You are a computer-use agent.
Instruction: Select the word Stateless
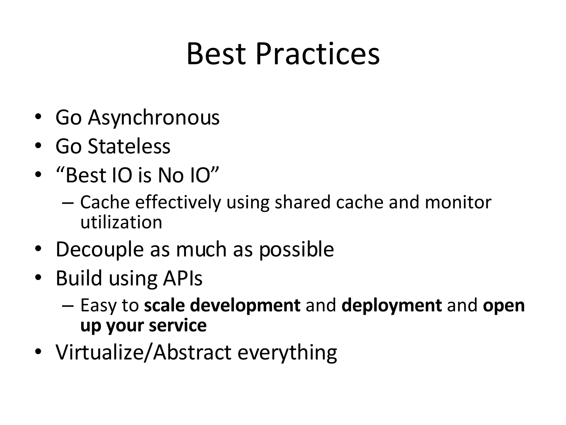129,146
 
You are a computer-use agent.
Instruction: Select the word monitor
458,202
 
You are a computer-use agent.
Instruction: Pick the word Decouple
99,250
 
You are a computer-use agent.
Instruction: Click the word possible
296,250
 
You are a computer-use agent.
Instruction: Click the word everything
287,353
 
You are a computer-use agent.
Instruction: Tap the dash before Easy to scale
68,306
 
